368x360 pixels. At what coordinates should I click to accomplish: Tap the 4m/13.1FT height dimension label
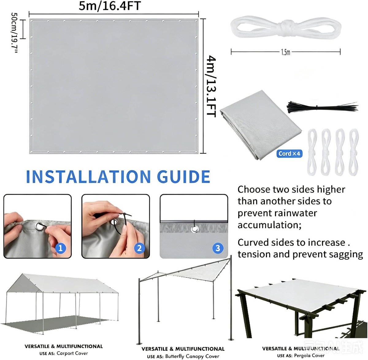coord(211,86)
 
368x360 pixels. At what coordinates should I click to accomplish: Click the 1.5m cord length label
coord(286,52)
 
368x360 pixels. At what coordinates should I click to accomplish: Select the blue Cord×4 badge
coord(289,154)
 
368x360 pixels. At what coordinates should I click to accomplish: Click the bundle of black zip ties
coord(322,107)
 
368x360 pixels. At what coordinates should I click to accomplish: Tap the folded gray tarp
coord(261,125)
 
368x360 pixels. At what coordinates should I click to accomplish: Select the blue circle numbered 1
coord(61,248)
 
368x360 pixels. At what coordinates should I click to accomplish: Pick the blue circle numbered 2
coord(139,248)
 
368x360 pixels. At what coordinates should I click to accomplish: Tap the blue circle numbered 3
coord(218,248)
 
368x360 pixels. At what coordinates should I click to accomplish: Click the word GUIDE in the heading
coord(183,177)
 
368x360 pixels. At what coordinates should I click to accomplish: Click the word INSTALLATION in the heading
coord(89,177)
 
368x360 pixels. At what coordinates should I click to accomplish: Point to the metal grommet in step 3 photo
coord(194,229)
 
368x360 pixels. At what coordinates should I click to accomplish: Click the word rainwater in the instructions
coord(295,213)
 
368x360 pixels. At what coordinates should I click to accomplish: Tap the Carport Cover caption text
coord(72,353)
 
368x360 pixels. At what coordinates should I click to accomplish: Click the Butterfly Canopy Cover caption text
coord(192,356)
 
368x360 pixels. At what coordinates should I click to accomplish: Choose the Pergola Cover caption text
coord(309,355)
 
